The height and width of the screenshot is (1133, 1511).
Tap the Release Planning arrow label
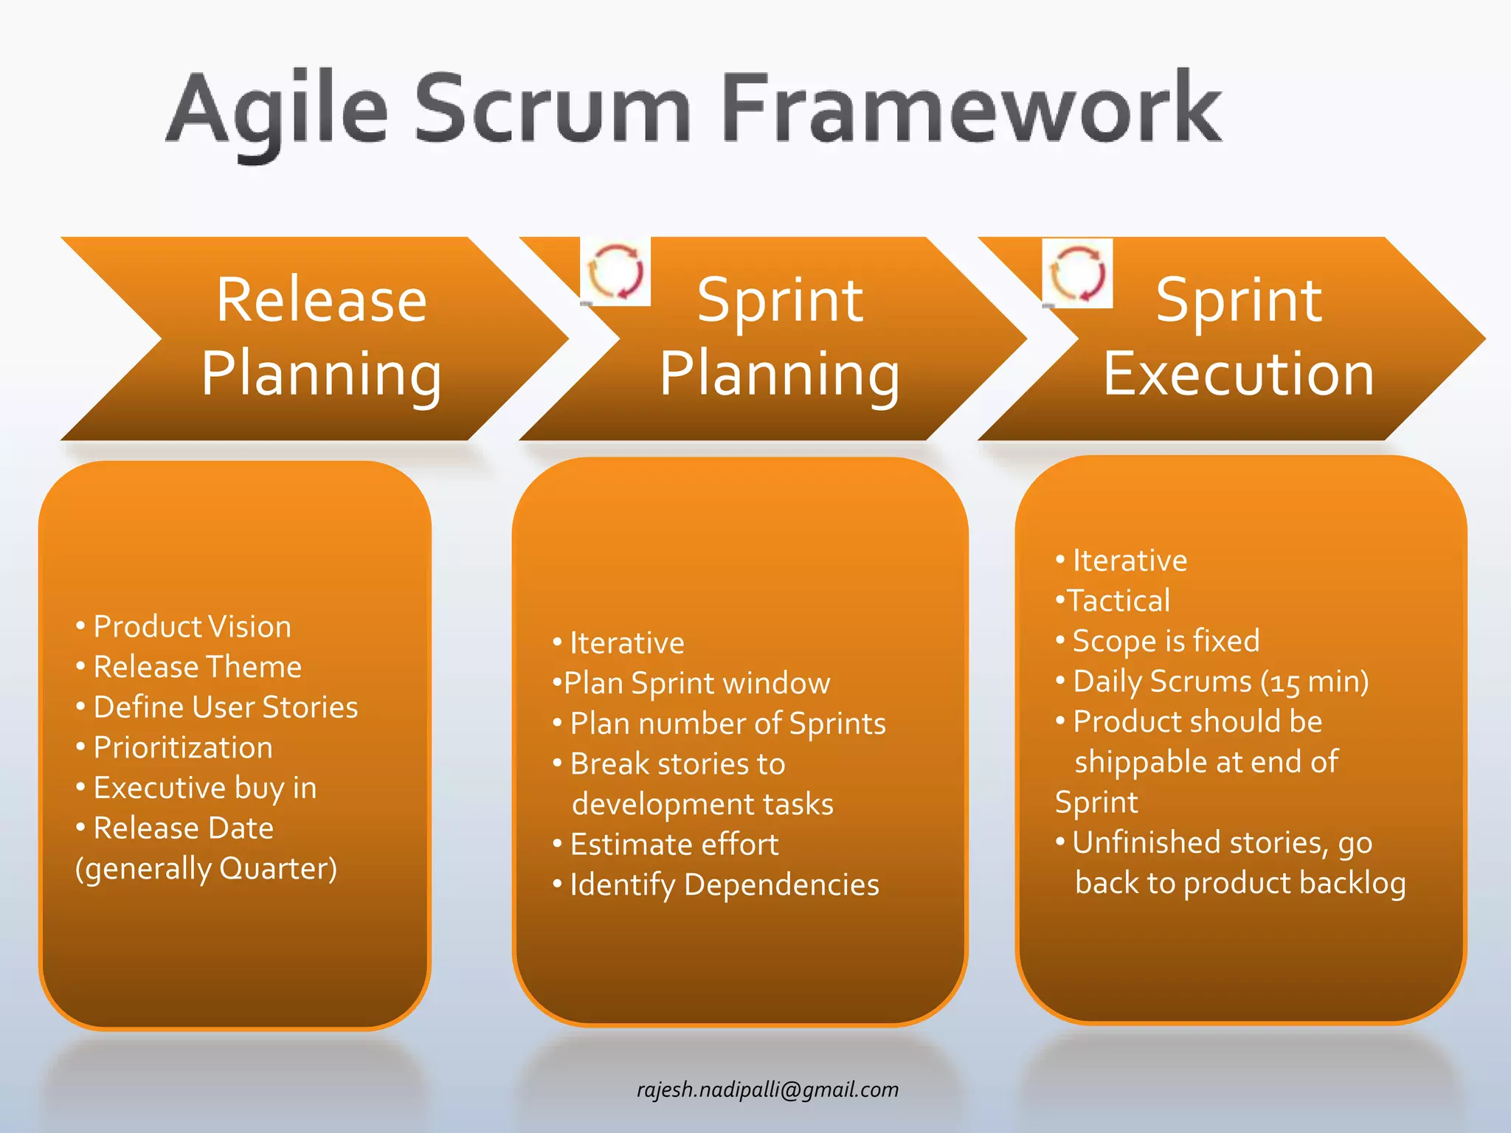tap(322, 337)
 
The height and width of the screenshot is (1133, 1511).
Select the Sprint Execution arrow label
tap(1239, 337)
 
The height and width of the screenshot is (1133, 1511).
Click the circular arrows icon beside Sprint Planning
tap(615, 271)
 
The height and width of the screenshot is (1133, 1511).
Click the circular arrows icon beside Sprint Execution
tap(1077, 274)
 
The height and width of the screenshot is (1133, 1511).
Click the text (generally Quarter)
tap(206, 869)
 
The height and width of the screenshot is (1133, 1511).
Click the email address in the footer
tap(767, 1089)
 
